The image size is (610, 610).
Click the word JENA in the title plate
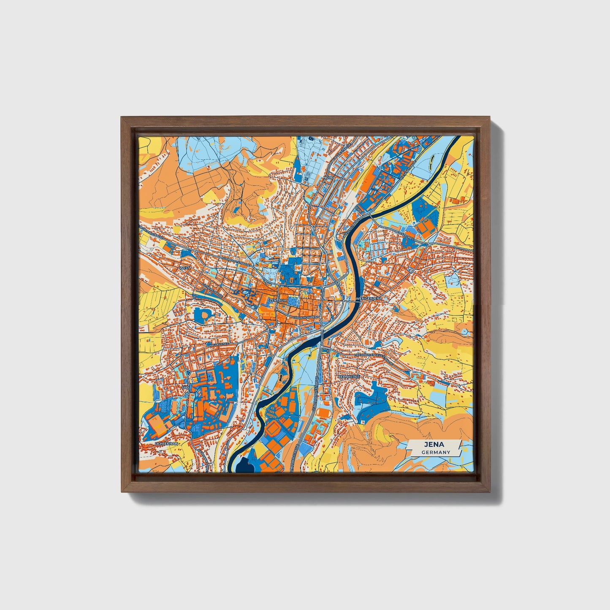435,445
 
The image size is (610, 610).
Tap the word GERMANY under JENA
435,452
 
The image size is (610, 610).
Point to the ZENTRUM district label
278,300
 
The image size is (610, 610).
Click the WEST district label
184,268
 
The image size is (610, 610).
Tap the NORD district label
328,178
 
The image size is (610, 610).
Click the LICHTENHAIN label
167,444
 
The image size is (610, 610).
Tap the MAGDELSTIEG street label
217,344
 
